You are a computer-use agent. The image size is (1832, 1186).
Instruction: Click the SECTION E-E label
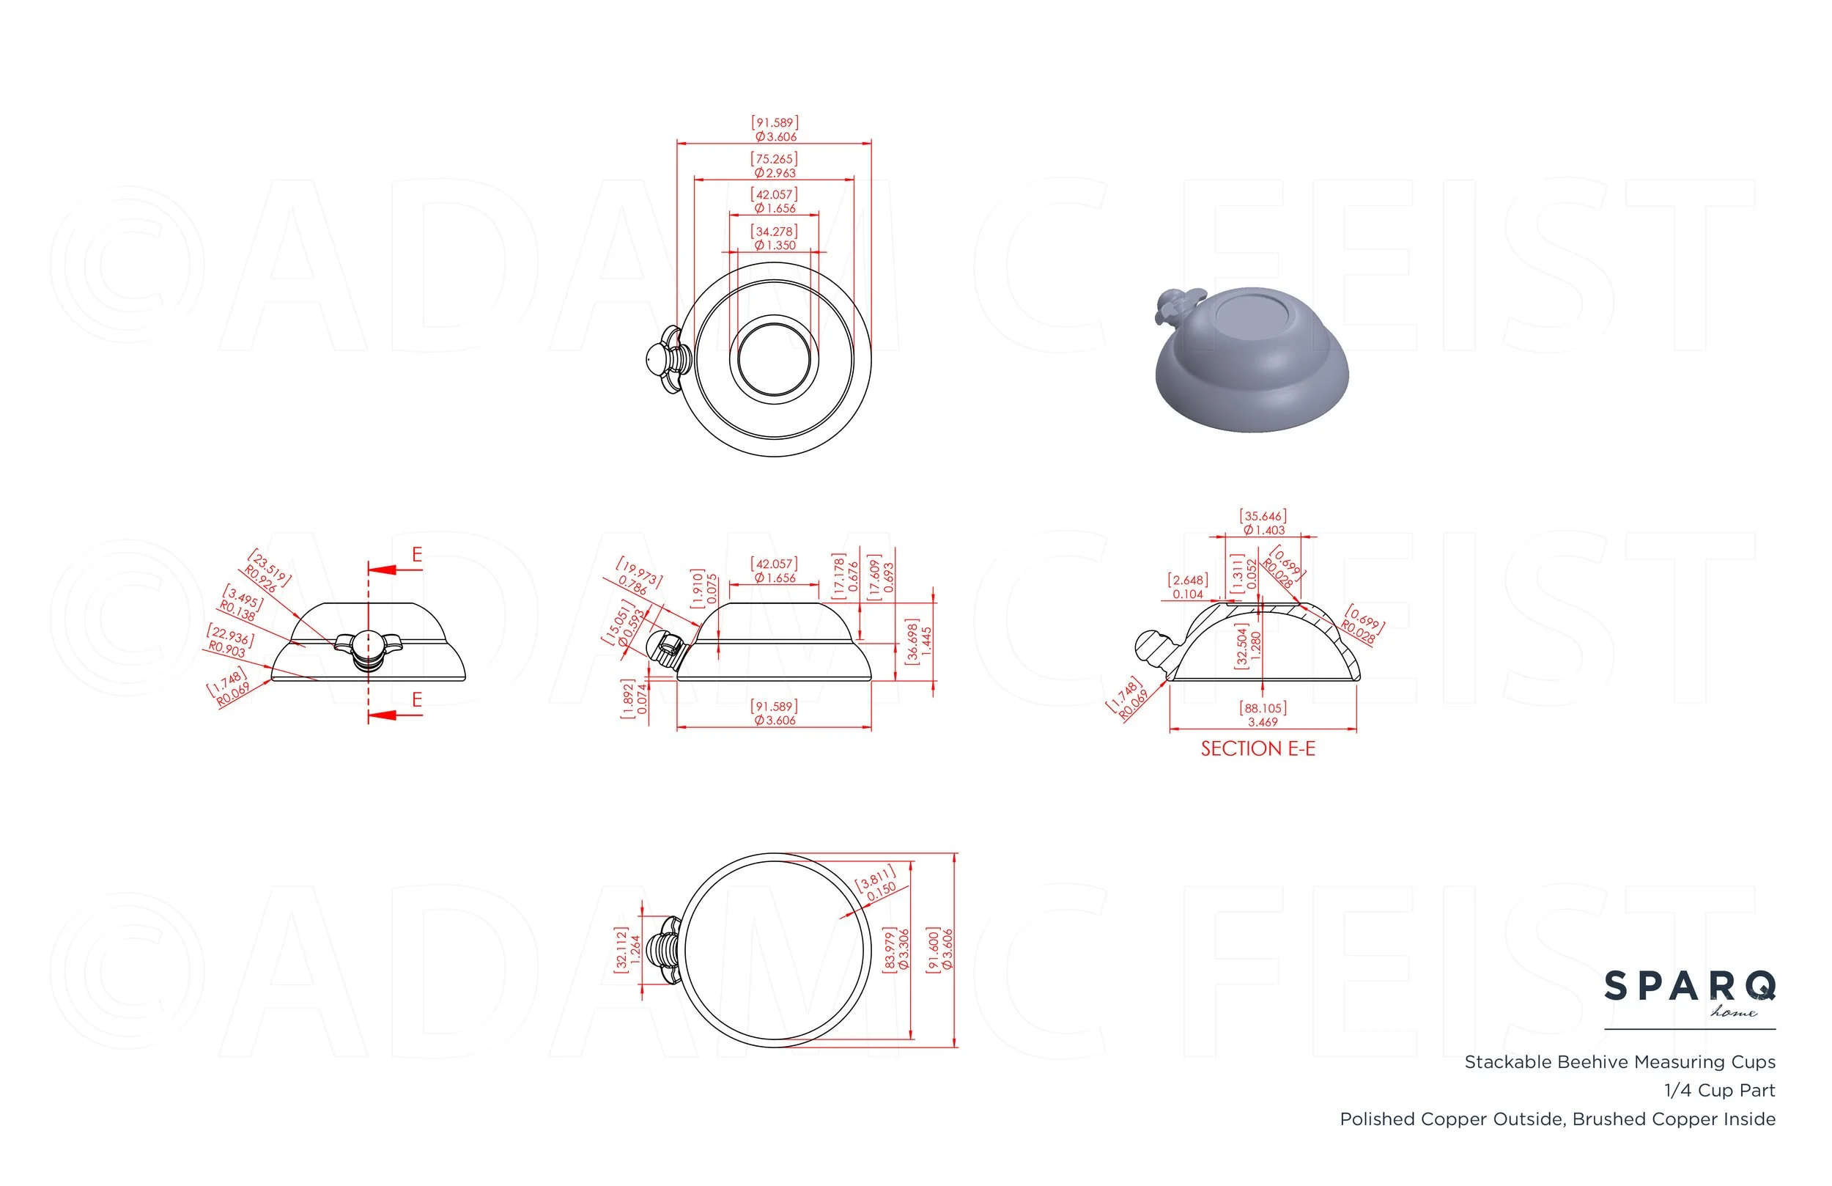[1257, 748]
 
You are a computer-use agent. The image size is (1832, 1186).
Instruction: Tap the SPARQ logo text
[1690, 987]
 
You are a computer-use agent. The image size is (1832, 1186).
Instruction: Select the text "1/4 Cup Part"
[1719, 1091]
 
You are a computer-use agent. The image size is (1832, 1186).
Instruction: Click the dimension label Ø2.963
[775, 173]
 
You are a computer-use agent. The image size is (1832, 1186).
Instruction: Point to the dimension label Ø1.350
[775, 246]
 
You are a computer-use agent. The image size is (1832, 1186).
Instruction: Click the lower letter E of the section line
[417, 700]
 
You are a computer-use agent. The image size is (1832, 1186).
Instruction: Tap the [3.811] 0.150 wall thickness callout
[877, 883]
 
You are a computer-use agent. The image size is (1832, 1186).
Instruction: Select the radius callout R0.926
[261, 580]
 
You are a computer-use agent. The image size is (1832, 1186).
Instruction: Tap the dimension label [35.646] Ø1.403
[1263, 523]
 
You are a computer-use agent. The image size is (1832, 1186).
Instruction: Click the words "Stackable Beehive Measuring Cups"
[1619, 1062]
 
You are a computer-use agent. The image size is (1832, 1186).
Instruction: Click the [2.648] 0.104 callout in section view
[1188, 587]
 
